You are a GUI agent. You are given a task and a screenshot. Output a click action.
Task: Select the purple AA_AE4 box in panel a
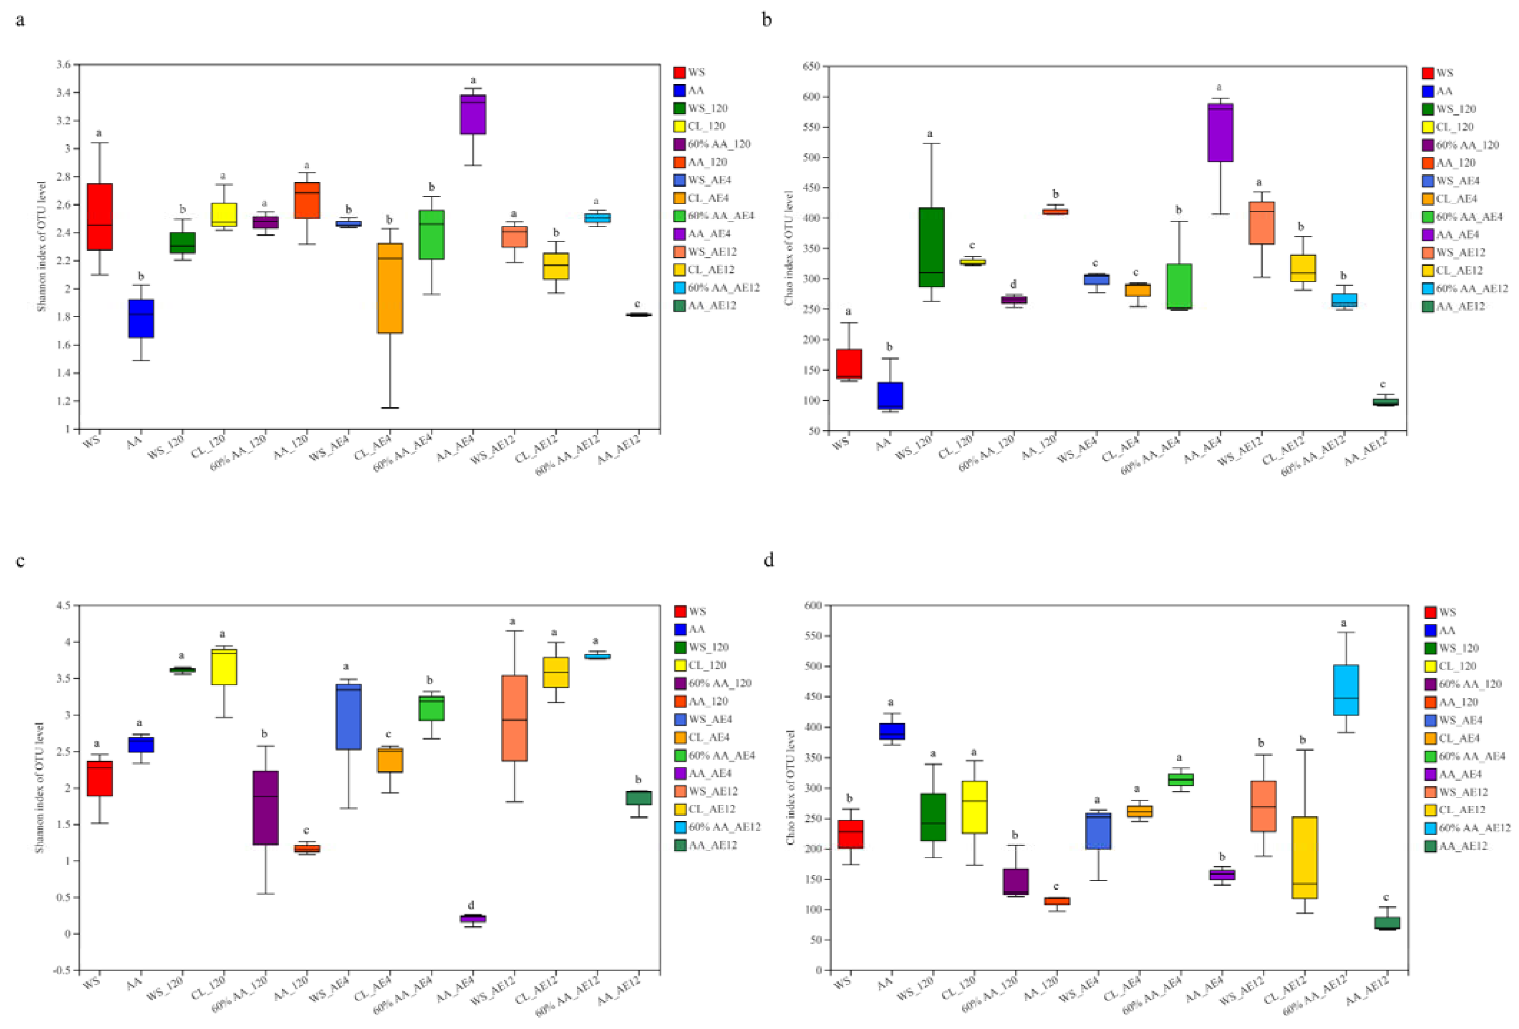point(473,114)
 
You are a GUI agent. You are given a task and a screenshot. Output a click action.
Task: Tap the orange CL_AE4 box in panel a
point(390,287)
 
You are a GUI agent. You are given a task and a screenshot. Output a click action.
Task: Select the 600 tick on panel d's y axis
point(812,606)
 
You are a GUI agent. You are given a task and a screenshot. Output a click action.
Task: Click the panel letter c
point(20,561)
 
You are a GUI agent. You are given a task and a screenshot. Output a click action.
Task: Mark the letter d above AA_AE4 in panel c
point(471,905)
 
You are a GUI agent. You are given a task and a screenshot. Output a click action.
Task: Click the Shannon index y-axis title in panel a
point(42,246)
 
